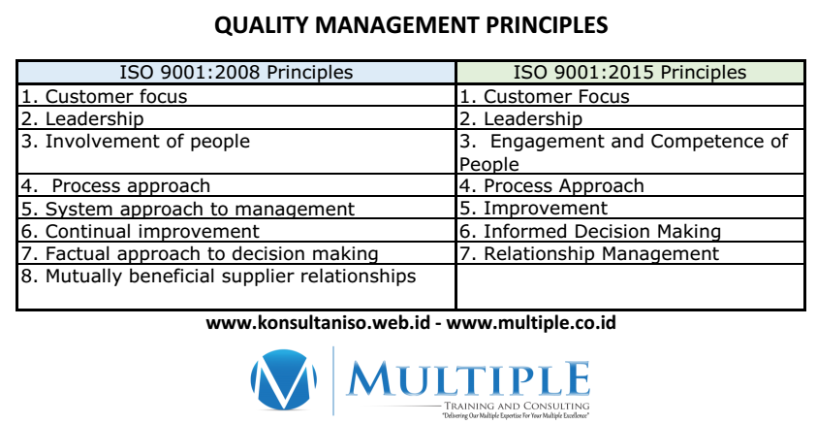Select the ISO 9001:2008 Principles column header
[236, 73]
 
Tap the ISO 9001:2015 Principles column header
[629, 73]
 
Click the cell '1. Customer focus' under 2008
[105, 96]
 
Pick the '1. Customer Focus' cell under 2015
[545, 96]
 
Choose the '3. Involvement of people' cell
[136, 142]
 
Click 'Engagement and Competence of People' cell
[624, 152]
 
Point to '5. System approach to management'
[188, 209]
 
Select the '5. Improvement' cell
[534, 209]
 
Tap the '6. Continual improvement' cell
[141, 231]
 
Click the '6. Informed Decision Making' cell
[590, 231]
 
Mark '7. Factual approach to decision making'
[200, 254]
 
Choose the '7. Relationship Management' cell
[589, 254]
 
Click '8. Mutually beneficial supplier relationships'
[219, 277]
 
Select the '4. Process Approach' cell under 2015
[551, 186]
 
